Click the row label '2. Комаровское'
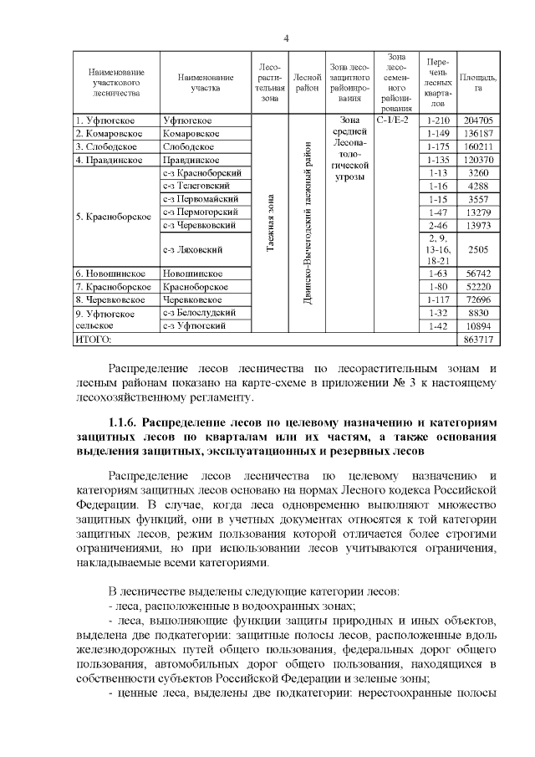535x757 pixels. tap(110, 133)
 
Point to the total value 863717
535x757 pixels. tap(478, 340)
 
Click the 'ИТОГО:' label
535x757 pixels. tap(94, 340)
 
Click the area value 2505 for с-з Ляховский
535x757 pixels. tap(478, 249)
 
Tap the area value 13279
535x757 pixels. tap(478, 212)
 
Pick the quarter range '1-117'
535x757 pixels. tap(437, 299)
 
